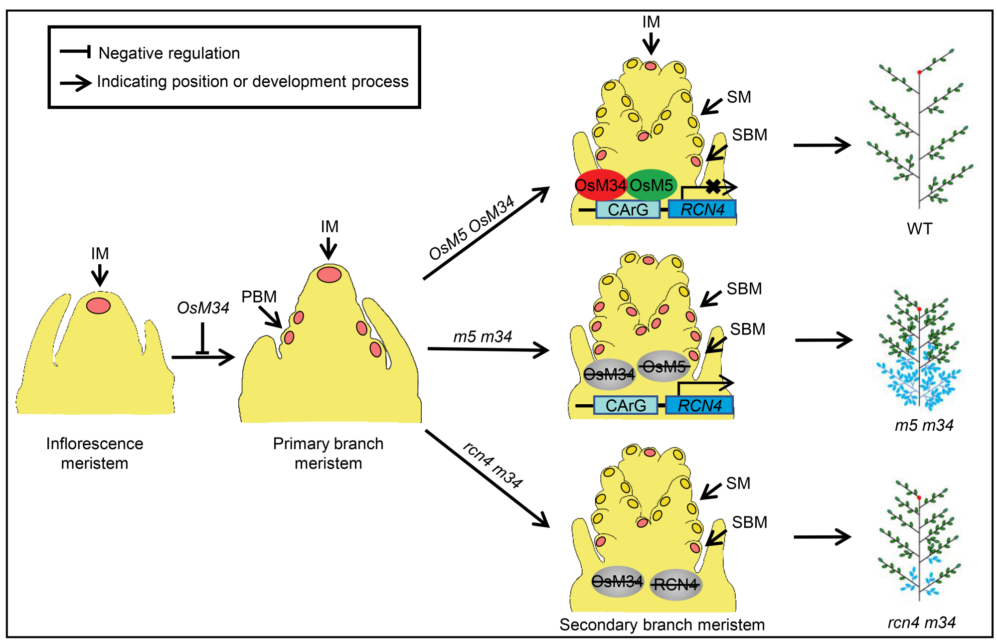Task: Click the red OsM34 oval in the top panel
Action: pyautogui.click(x=600, y=185)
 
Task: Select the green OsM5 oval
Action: pyautogui.click(x=651, y=185)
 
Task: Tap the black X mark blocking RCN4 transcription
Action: pyautogui.click(x=713, y=187)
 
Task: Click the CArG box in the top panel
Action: pyautogui.click(x=628, y=209)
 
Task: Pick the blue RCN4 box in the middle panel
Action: pyautogui.click(x=699, y=405)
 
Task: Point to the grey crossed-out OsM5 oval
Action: pyautogui.click(x=664, y=367)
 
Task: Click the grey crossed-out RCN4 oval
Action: pyautogui.click(x=675, y=584)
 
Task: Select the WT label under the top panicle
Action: pyautogui.click(x=919, y=229)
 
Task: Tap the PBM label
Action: pyautogui.click(x=259, y=297)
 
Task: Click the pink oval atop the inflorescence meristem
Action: pyautogui.click(x=98, y=306)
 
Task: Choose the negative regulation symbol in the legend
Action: pyautogui.click(x=75, y=51)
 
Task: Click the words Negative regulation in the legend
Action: pyautogui.click(x=169, y=53)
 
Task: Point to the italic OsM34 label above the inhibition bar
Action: pyautogui.click(x=203, y=308)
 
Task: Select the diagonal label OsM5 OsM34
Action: pyautogui.click(x=471, y=227)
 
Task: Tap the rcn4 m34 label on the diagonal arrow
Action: pyautogui.click(x=493, y=465)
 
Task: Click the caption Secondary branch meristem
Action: pyautogui.click(x=662, y=625)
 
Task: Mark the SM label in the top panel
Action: pyautogui.click(x=738, y=97)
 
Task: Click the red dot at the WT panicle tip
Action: pyautogui.click(x=920, y=72)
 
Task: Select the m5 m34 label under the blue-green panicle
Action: pyautogui.click(x=924, y=425)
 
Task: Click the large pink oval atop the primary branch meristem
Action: pyautogui.click(x=329, y=275)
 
